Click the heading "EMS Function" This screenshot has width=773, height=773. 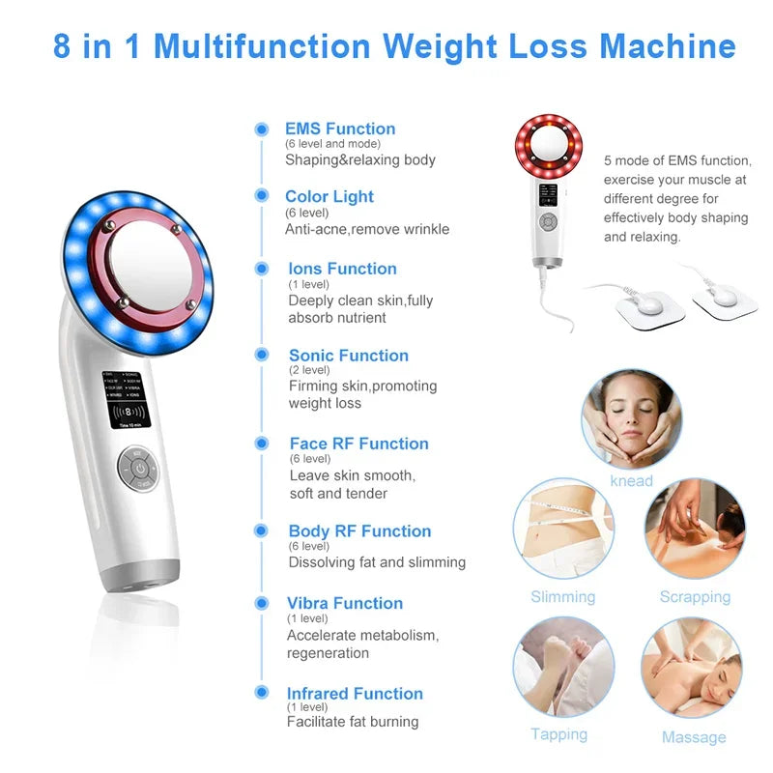click(340, 129)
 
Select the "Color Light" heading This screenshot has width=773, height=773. click(329, 196)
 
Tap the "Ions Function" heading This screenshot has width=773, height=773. click(342, 269)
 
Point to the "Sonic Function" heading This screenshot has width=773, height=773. click(348, 356)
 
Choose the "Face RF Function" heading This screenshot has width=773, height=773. click(358, 444)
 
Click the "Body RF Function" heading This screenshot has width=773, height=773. click(359, 530)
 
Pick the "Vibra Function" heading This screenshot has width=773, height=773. click(344, 603)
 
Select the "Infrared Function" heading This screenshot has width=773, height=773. click(355, 693)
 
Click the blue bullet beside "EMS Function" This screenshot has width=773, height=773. click(261, 129)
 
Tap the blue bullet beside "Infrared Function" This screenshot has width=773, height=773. click(261, 693)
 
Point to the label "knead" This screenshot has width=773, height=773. click(631, 480)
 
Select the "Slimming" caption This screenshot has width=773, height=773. click(562, 596)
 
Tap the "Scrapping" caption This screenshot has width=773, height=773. click(695, 596)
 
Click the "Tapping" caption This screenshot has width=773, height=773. click(558, 734)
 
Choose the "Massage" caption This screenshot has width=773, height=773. click(693, 737)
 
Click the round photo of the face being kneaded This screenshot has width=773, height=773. click(631, 418)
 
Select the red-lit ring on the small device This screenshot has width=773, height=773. click(548, 146)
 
